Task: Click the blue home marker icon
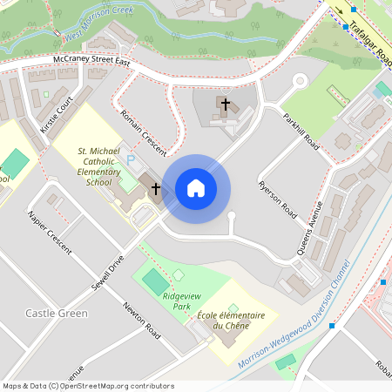pos(196,188)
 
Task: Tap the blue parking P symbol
pos(132,160)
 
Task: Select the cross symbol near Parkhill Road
pos(225,105)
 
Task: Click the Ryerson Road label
pos(278,199)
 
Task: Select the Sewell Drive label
pos(108,274)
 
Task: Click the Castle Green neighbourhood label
pos(57,313)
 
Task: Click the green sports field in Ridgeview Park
pos(154,280)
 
